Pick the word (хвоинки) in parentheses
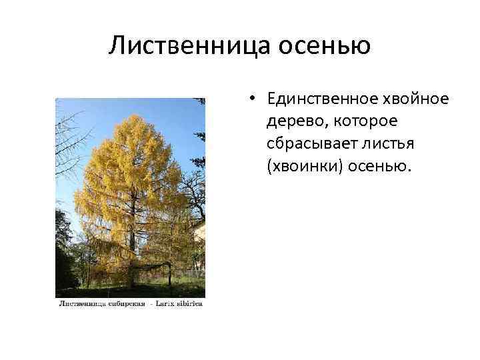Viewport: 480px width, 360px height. [304, 165]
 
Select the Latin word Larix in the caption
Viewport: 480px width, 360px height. [168, 304]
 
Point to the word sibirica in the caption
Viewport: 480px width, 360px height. [190, 304]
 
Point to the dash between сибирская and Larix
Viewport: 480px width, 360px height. [153, 304]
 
